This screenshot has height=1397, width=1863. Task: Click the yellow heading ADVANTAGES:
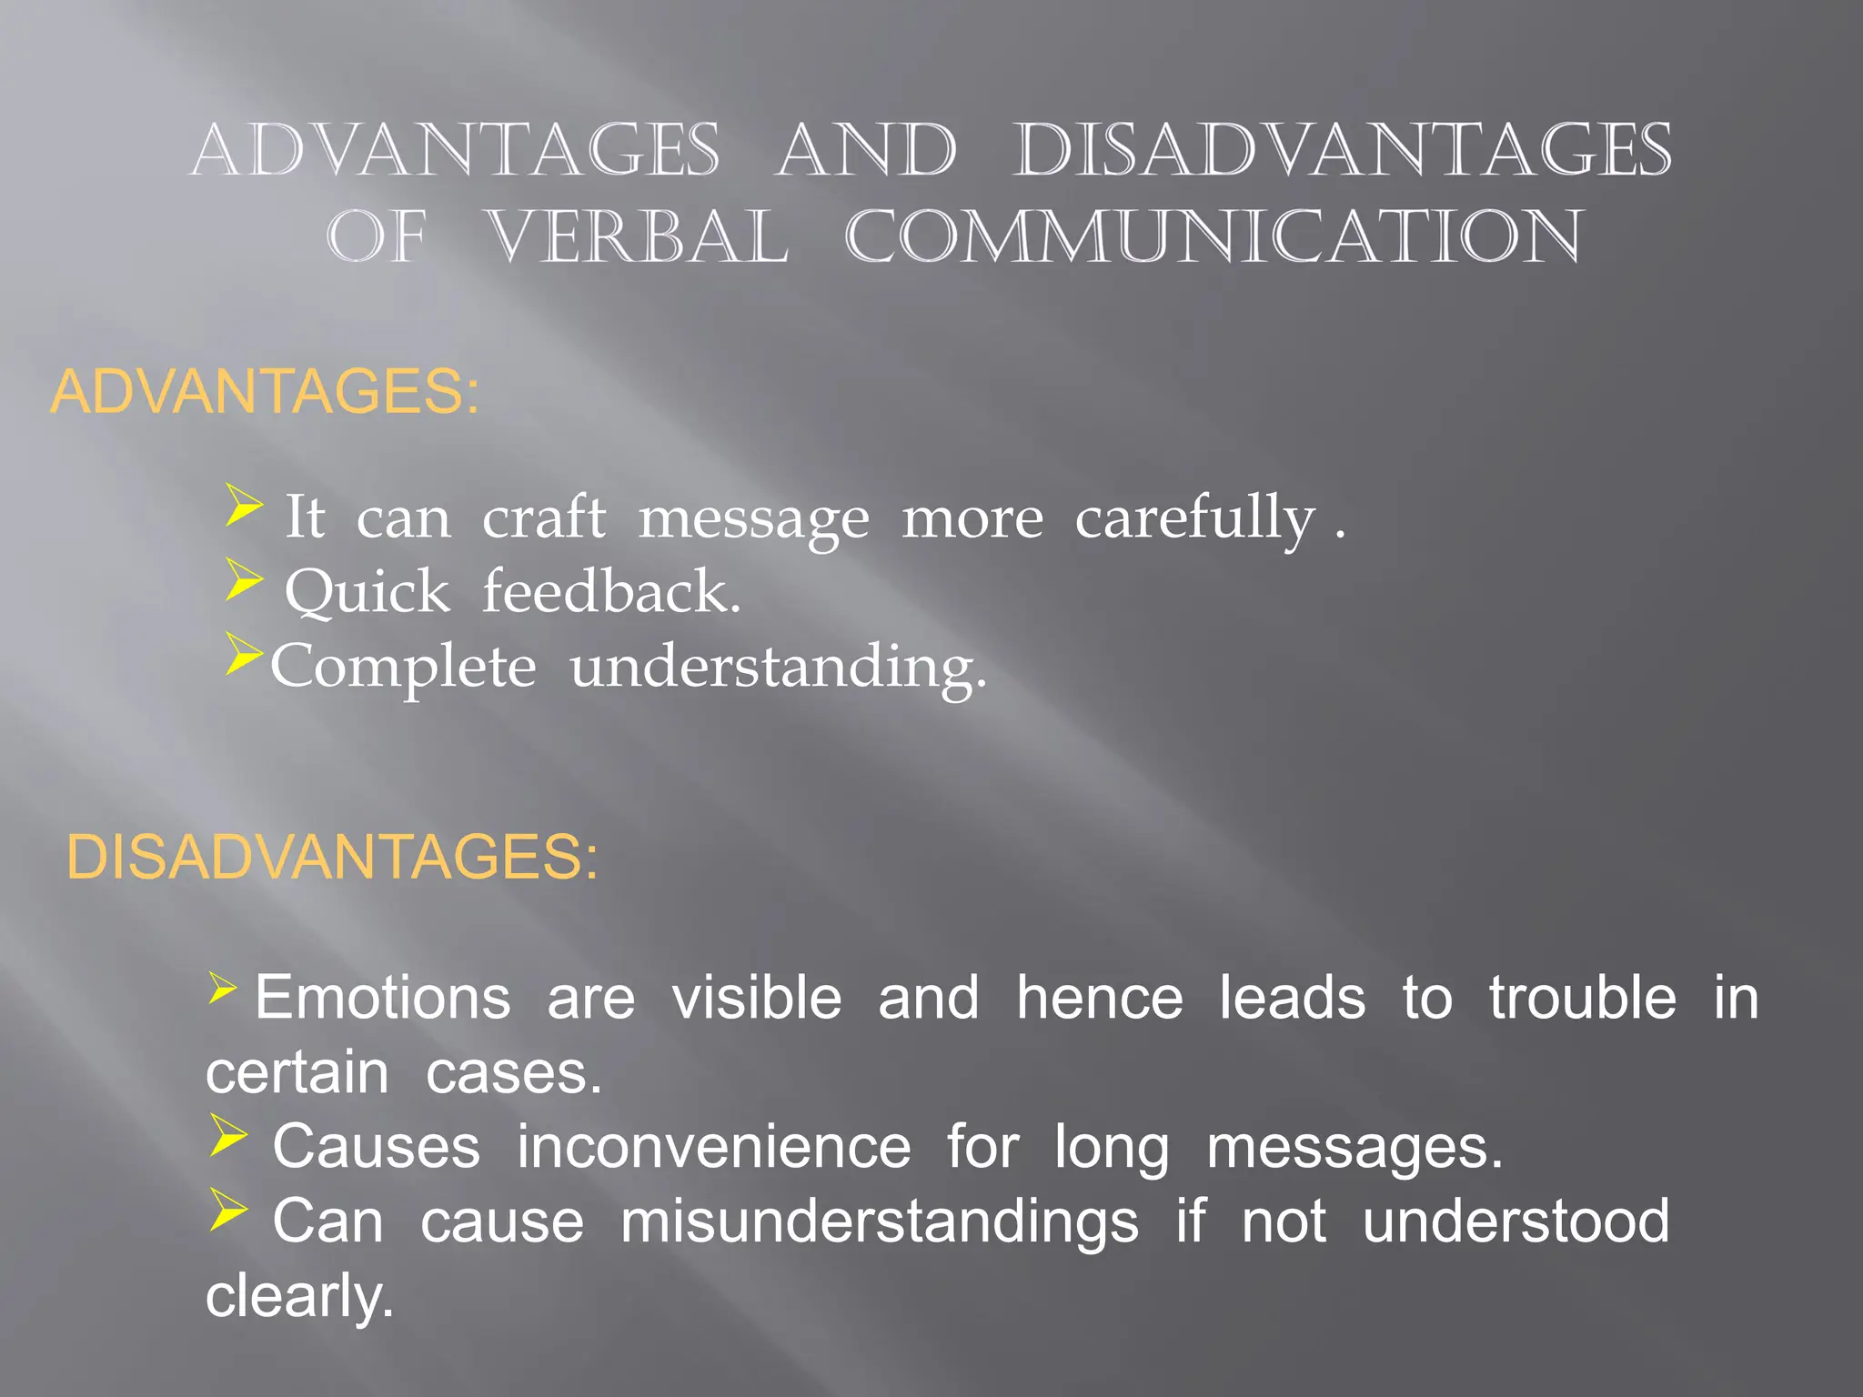(x=264, y=392)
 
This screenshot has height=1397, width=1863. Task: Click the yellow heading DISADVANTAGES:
(x=332, y=857)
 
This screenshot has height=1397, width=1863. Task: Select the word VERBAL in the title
(x=637, y=237)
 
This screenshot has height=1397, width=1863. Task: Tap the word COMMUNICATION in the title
(x=1214, y=237)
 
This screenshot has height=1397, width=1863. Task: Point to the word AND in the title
(x=866, y=151)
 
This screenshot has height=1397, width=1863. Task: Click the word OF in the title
(x=377, y=237)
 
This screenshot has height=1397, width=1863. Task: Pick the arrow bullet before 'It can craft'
(x=244, y=505)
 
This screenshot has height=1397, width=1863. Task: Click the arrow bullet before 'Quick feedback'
(x=244, y=579)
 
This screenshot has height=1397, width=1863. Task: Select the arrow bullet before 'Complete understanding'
(x=244, y=654)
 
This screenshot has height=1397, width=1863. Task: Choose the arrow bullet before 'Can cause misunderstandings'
(x=228, y=1210)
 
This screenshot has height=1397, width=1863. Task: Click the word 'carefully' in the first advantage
(x=1194, y=519)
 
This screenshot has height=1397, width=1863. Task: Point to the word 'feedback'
(x=610, y=593)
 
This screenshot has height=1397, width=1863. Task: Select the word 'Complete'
(x=403, y=668)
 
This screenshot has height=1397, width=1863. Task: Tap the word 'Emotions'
(x=383, y=998)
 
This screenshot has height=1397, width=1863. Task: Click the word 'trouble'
(x=1583, y=998)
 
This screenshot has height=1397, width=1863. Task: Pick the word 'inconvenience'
(x=713, y=1147)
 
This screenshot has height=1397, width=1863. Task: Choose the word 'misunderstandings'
(x=879, y=1221)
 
